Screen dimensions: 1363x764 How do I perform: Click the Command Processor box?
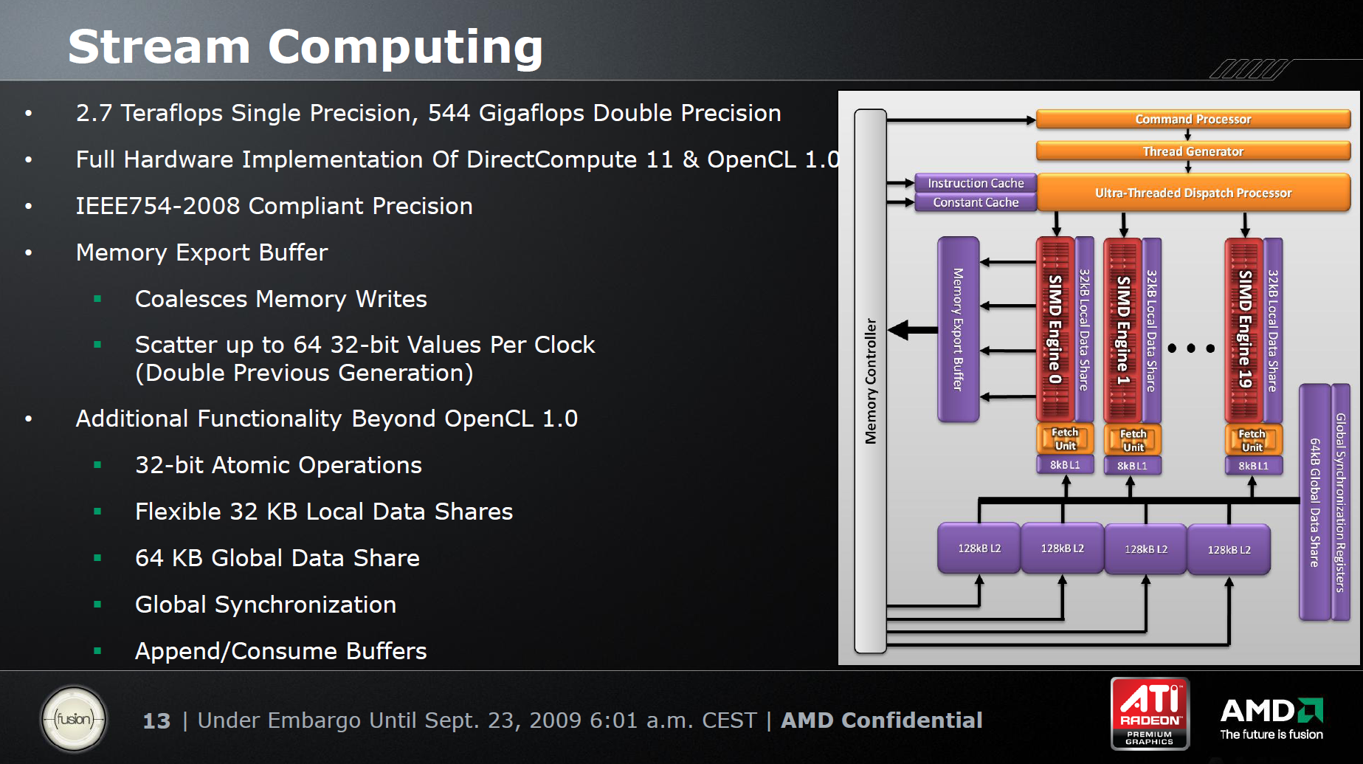pyautogui.click(x=1193, y=119)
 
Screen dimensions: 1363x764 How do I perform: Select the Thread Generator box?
pyautogui.click(x=1193, y=151)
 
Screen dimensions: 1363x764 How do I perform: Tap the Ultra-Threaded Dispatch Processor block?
pyautogui.click(x=1193, y=193)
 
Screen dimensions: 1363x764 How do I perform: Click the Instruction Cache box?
pyautogui.click(x=976, y=183)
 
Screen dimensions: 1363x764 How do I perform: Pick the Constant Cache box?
pyautogui.click(x=976, y=202)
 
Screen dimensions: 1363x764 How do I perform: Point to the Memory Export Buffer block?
pyautogui.click(x=958, y=329)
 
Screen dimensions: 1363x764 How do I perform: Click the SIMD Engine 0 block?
pyautogui.click(x=1055, y=329)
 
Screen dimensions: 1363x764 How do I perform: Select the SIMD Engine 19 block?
pyautogui.click(x=1244, y=329)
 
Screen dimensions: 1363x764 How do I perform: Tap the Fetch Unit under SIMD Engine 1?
pyautogui.click(x=1133, y=440)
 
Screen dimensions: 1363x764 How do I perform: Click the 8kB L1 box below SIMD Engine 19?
pyautogui.click(x=1253, y=466)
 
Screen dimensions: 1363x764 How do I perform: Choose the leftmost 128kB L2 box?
pyautogui.click(x=979, y=548)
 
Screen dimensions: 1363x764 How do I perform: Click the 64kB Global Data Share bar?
pyautogui.click(x=1314, y=502)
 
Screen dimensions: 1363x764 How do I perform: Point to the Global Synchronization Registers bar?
pyautogui.click(x=1341, y=502)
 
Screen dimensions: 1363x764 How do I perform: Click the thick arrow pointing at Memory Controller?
pyautogui.click(x=913, y=329)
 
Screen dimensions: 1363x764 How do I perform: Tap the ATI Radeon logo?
pyautogui.click(x=1150, y=713)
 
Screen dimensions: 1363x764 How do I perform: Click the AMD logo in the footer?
pyautogui.click(x=1271, y=718)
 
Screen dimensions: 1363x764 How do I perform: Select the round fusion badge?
pyautogui.click(x=74, y=719)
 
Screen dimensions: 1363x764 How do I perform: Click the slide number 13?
pyautogui.click(x=156, y=720)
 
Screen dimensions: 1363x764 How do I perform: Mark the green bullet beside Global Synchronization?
pyautogui.click(x=97, y=605)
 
